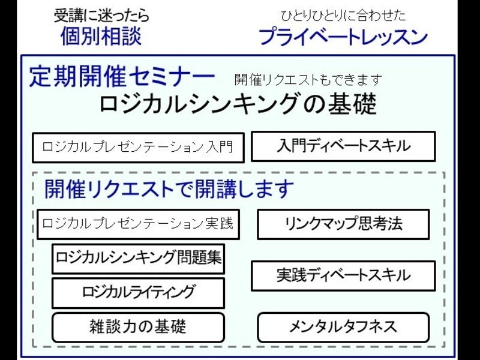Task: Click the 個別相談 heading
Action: point(101,36)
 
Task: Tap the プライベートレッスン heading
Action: point(343,37)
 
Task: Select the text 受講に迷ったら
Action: point(101,16)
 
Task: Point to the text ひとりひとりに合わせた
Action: point(343,16)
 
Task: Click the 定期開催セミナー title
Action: point(122,76)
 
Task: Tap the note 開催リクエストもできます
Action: point(308,80)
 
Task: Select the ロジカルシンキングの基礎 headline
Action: point(238,104)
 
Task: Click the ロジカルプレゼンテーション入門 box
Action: point(138,148)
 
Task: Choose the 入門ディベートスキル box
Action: point(343,146)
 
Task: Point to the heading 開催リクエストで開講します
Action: point(169,188)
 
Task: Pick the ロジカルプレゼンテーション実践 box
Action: point(138,224)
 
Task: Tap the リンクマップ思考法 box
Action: point(343,224)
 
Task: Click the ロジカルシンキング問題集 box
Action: point(138,259)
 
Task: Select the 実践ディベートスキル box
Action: point(343,275)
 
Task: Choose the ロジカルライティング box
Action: point(138,293)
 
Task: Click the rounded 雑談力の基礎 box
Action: point(138,327)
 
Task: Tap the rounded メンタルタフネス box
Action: point(343,327)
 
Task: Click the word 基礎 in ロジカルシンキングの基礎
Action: point(352,104)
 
